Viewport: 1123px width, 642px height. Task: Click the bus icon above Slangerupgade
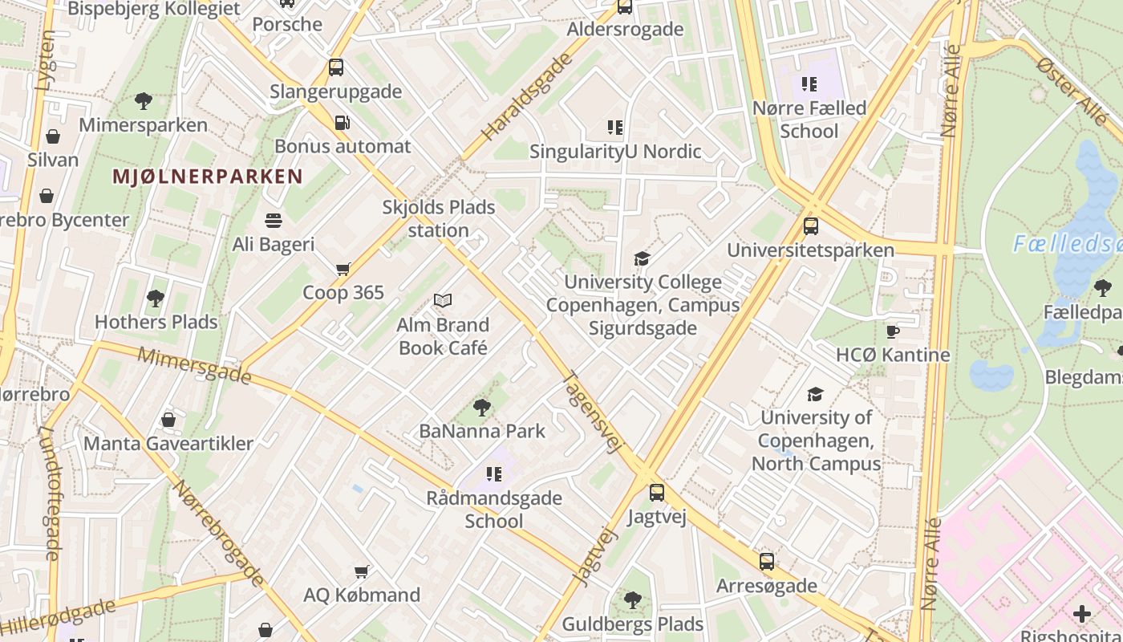click(336, 67)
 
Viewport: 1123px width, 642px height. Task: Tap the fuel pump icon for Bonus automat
click(343, 123)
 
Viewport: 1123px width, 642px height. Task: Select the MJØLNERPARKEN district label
click(207, 177)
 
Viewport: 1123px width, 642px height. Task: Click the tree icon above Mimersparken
click(144, 101)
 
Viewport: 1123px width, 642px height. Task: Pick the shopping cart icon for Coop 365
click(343, 269)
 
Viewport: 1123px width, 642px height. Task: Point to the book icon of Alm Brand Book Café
click(443, 301)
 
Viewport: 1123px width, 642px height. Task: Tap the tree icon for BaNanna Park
click(482, 408)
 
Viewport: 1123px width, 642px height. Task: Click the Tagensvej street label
click(594, 411)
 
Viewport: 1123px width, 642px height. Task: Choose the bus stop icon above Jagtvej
click(657, 493)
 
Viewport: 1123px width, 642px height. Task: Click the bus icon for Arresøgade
click(767, 562)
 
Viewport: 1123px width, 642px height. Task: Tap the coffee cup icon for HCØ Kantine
click(893, 331)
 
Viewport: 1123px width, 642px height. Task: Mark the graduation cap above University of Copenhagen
click(816, 394)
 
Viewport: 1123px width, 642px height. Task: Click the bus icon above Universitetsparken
click(811, 226)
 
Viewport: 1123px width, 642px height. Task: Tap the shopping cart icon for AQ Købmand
click(362, 571)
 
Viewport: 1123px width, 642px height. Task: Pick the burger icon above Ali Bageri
click(274, 220)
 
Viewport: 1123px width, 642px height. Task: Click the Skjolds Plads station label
click(438, 218)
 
